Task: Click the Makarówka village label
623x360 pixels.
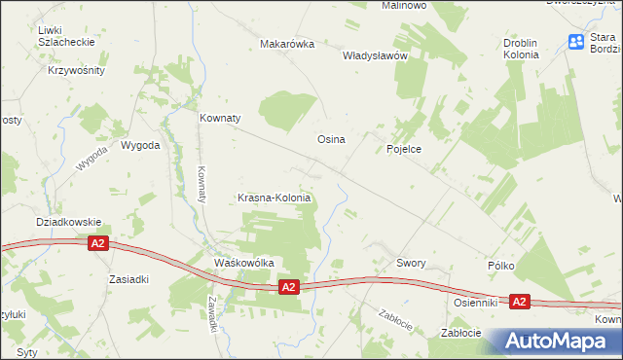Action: click(286, 44)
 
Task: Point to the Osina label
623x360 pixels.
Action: click(331, 139)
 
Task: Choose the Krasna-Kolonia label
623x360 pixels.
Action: click(275, 198)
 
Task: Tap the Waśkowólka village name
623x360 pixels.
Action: click(243, 263)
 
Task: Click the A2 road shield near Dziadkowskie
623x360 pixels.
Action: click(97, 244)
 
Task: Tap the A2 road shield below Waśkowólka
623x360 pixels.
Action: click(287, 287)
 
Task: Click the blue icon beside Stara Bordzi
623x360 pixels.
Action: click(576, 41)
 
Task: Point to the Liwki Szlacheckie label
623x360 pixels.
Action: click(64, 37)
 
